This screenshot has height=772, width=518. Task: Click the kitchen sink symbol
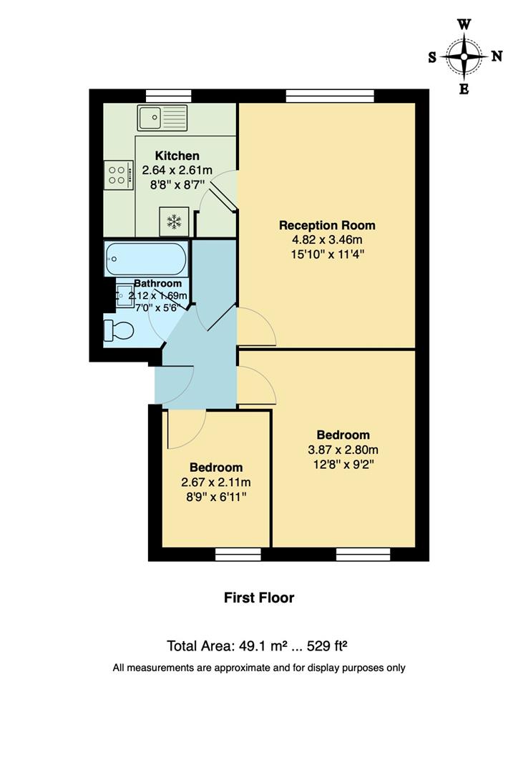[162, 118]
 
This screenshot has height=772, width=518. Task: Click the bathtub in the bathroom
[146, 259]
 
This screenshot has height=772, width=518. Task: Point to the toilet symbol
[118, 330]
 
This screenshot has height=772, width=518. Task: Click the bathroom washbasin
[124, 296]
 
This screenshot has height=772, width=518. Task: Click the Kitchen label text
[177, 156]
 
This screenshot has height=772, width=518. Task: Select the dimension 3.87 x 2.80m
[343, 450]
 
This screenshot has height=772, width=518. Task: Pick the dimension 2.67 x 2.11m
[216, 482]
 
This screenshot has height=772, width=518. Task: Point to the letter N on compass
[496, 56]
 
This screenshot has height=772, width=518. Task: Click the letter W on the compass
[464, 24]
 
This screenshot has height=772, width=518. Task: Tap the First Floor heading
[259, 598]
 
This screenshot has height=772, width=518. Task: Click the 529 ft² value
[327, 645]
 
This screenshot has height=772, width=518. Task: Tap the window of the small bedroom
[239, 554]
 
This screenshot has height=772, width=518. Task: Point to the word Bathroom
[157, 283]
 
